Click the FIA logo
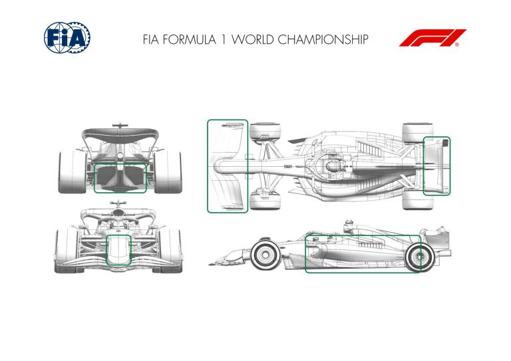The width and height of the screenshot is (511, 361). click(67, 38)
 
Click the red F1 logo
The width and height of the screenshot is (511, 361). click(432, 38)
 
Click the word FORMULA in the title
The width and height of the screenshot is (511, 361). click(189, 40)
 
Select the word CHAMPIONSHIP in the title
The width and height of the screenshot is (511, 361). click(323, 40)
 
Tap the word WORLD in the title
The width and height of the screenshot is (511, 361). click(253, 40)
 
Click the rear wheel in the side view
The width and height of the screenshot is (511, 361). click(419, 257)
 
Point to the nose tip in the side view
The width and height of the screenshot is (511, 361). click(210, 264)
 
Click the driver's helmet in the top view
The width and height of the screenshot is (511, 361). click(332, 166)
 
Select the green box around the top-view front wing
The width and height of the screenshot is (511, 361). click(228, 166)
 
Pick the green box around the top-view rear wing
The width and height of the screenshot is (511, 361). click(436, 166)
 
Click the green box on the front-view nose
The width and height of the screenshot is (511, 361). click(118, 250)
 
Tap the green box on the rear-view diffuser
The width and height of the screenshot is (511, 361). click(120, 178)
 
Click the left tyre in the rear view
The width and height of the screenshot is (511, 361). click(72, 172)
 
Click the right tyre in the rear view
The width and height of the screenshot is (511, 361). click(168, 172)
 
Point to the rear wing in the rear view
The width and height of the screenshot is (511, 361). click(120, 134)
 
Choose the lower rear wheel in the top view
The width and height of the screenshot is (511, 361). click(418, 199)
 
